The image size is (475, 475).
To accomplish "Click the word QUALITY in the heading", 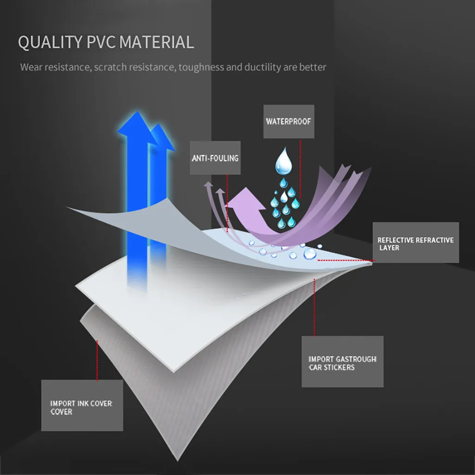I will click(x=50, y=42).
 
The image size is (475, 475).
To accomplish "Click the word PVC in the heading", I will click(x=102, y=42).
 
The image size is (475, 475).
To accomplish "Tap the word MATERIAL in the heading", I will click(x=157, y=42).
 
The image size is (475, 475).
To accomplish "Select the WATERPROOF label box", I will click(x=288, y=122).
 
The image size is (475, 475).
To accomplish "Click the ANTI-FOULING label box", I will click(x=215, y=158).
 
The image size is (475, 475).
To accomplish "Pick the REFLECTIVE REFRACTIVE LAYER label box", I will click(x=416, y=243).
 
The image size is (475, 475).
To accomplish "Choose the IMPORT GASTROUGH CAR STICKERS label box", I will click(x=342, y=362).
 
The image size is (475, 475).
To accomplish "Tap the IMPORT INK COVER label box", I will click(x=82, y=405).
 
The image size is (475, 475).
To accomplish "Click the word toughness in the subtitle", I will click(x=201, y=67).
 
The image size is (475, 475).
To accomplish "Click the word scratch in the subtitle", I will click(x=110, y=67).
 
